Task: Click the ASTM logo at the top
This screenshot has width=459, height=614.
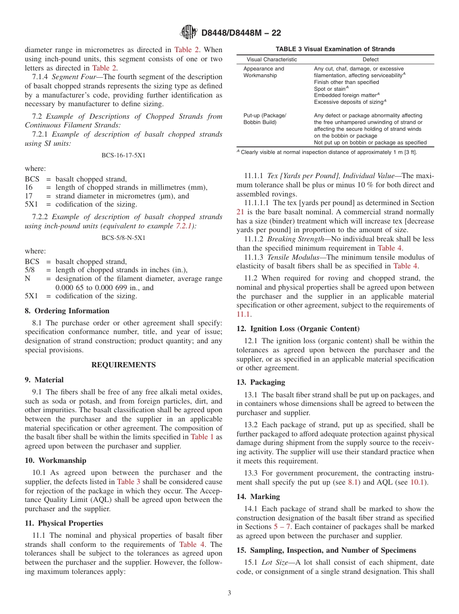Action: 188,32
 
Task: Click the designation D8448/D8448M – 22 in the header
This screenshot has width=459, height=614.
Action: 241,33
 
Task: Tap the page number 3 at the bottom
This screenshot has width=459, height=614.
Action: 229,593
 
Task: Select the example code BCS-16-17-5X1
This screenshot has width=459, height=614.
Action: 123,155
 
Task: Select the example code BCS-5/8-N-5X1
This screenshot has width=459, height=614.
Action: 123,237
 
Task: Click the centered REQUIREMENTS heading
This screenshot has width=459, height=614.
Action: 123,365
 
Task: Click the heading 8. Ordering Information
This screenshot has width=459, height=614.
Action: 67,311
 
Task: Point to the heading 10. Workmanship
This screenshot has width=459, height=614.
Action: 56,460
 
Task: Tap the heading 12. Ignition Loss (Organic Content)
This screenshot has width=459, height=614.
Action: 298,329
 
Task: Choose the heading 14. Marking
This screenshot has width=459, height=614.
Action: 258,496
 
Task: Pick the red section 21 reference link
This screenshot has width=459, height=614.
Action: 240,212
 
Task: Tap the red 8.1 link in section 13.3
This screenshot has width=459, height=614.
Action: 353,482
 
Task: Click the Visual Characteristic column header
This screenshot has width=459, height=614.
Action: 272,59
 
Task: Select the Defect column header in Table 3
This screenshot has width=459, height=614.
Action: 371,59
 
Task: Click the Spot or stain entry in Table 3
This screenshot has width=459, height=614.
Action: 331,89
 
